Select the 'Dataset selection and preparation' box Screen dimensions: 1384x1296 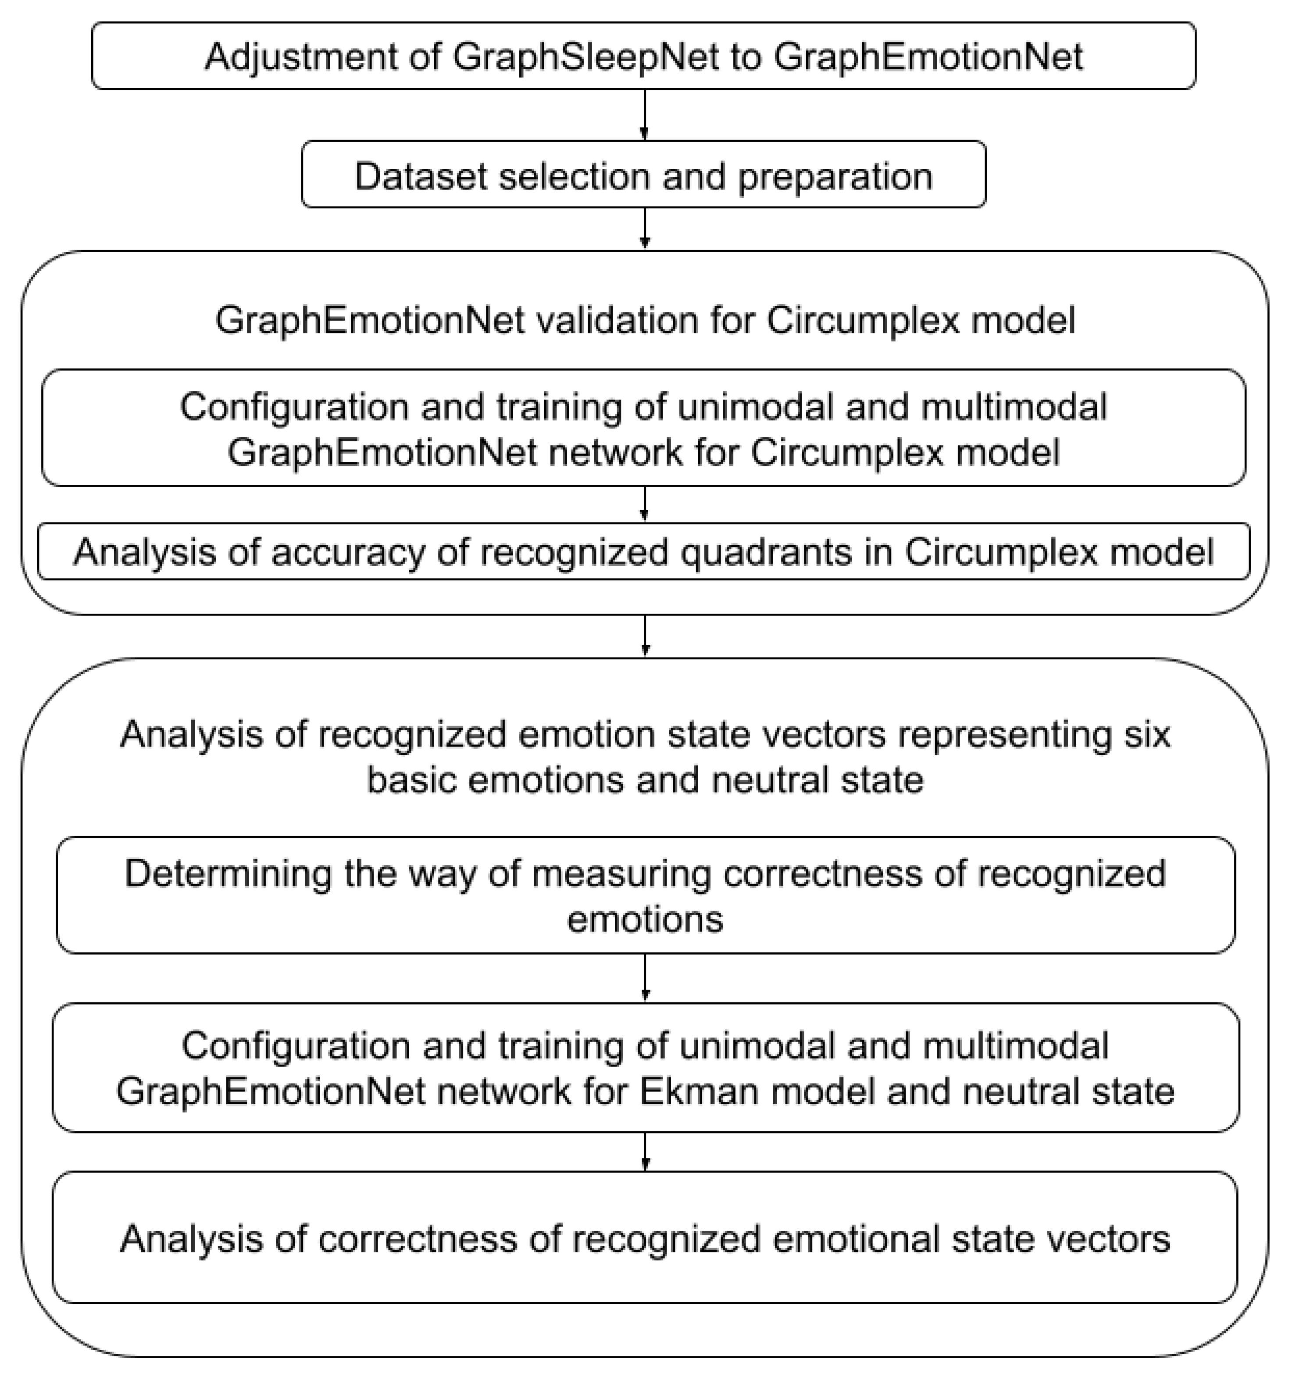(643, 174)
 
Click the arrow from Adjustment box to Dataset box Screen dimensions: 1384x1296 (645, 115)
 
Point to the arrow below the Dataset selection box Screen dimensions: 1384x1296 (645, 229)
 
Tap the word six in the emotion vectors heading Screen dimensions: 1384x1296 (1149, 734)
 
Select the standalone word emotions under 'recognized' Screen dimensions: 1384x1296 (645, 919)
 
